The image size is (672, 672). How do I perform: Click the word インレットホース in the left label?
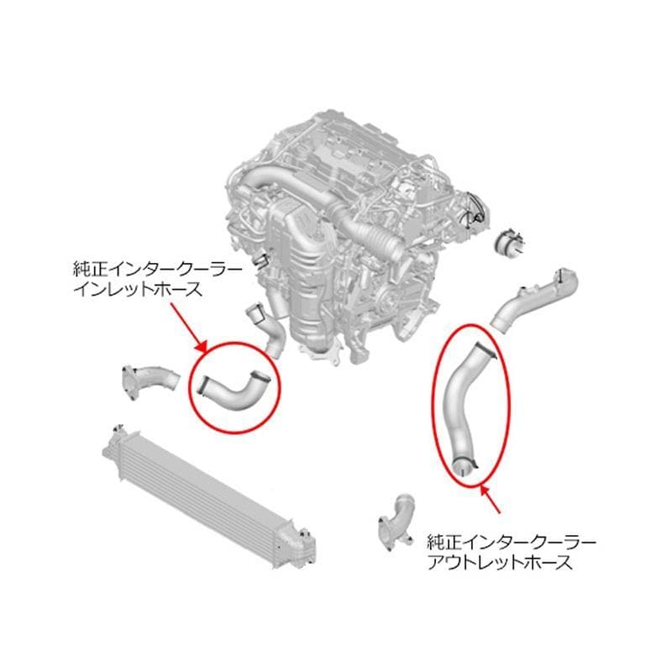click(138, 290)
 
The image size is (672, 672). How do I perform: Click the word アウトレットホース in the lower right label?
click(500, 562)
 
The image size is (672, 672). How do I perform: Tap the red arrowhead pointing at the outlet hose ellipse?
click(486, 491)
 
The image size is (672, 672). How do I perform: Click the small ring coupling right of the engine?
click(509, 242)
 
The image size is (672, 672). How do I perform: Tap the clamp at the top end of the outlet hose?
click(486, 349)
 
